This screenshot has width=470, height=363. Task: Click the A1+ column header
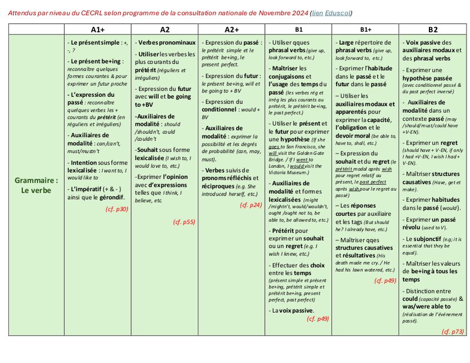click(x=98, y=29)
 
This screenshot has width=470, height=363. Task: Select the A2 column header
click(x=165, y=29)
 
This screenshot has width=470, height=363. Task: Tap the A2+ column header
click(x=232, y=29)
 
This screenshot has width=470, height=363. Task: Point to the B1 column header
click(x=299, y=29)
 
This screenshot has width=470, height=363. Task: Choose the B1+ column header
click(x=366, y=29)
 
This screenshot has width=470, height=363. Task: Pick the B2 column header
click(x=432, y=29)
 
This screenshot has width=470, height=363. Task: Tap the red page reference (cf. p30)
click(x=117, y=209)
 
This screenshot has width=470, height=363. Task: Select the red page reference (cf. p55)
click(x=184, y=222)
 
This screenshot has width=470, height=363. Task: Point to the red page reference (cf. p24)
click(x=251, y=205)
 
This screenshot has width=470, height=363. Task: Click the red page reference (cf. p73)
click(x=452, y=332)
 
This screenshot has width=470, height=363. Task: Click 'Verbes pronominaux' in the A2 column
click(x=166, y=43)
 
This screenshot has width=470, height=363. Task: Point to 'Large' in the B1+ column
click(x=347, y=43)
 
